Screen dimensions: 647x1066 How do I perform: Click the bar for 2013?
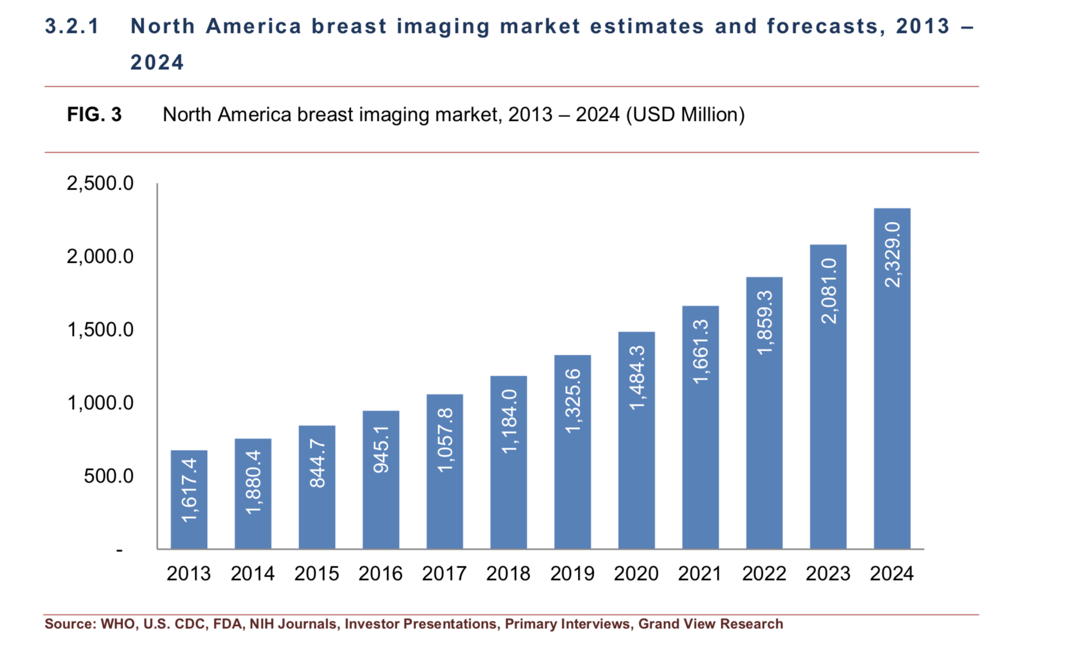tap(188, 499)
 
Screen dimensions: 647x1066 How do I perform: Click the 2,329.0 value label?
tap(892, 255)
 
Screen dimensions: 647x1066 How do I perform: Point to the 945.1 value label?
tap(381, 449)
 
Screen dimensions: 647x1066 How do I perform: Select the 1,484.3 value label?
tap(637, 377)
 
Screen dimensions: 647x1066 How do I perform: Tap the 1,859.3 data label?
tap(765, 322)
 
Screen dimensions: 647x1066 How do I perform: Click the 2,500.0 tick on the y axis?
tap(100, 183)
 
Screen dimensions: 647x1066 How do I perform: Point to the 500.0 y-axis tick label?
tap(108, 476)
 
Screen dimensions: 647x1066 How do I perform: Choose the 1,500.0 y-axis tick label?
tap(100, 330)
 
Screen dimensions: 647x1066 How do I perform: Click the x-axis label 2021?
tap(700, 574)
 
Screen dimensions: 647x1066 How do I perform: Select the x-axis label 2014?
tap(252, 574)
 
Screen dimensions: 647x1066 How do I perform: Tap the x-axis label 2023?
tap(828, 574)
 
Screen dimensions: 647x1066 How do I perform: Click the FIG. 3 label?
tap(94, 115)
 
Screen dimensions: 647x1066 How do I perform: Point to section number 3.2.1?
tap(72, 26)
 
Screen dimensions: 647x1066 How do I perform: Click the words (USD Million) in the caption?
tap(685, 115)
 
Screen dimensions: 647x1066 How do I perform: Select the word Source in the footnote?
tap(70, 624)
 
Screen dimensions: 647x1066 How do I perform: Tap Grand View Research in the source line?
tap(711, 624)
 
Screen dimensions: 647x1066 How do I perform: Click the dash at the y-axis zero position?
tap(119, 550)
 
